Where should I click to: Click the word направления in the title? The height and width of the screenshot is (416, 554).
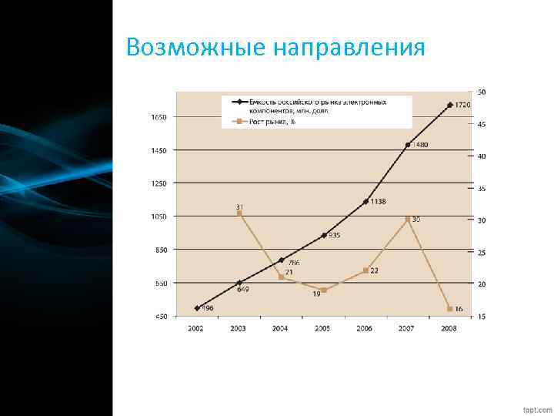349,48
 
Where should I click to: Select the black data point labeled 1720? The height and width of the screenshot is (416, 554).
450,104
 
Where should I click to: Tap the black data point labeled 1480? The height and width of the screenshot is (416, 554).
408,145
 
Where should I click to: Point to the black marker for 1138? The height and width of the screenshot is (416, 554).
365,202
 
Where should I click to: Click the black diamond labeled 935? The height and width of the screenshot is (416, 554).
323,236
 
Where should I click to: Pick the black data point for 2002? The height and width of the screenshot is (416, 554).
198,308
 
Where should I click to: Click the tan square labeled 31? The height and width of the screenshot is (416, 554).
239,213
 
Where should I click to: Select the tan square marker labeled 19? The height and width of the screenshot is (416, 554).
323,290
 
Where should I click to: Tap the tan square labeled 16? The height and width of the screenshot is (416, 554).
450,309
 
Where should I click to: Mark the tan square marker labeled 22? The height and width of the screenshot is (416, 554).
365,270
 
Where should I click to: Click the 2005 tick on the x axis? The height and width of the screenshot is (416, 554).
322,328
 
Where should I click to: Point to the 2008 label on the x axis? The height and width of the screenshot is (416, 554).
449,328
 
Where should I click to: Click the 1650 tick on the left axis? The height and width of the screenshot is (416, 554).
159,117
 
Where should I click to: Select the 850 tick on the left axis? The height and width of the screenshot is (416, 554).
159,250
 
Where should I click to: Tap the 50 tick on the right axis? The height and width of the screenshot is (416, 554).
482,92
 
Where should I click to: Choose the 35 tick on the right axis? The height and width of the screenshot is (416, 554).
482,189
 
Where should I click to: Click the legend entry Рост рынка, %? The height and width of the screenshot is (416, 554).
265,122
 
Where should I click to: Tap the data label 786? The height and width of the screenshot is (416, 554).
294,263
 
